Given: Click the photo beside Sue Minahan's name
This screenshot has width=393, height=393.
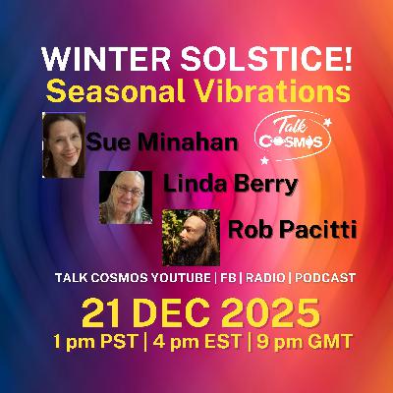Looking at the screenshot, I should [64, 143].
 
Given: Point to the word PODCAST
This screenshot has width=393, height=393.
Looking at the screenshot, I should [320, 279].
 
